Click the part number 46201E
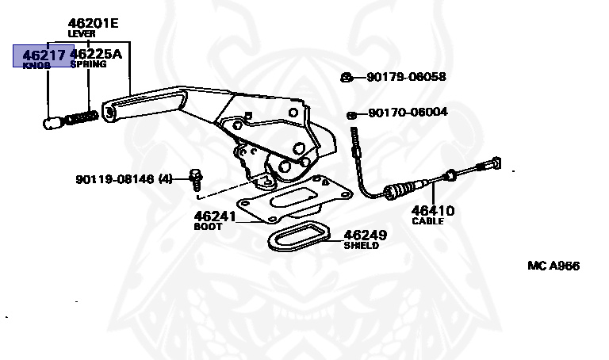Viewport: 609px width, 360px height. (93, 23)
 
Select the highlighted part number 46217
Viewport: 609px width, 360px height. (44, 55)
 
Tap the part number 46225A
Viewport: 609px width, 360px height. (97, 55)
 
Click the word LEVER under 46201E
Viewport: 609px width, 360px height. (82, 35)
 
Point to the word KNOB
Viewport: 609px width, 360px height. (36, 65)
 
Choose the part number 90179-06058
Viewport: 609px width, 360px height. (406, 77)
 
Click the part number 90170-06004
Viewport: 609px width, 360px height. (408, 113)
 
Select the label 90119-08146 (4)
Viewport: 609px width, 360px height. (124, 179)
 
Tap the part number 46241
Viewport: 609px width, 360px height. (215, 215)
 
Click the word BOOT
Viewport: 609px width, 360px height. (209, 226)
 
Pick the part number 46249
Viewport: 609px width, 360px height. (364, 235)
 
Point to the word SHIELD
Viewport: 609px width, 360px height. (361, 246)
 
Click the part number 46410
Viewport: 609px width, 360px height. (432, 211)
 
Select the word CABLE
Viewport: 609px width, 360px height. (428, 221)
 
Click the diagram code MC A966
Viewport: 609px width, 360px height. (553, 266)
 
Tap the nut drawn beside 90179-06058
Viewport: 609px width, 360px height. (347, 77)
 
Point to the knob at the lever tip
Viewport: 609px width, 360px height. (52, 124)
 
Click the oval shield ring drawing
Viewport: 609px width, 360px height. (297, 237)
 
